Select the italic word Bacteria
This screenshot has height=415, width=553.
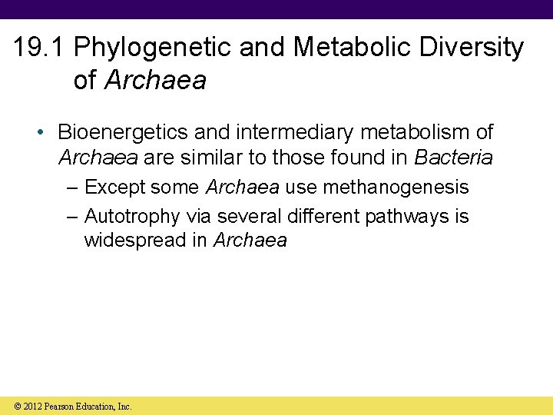coord(453,158)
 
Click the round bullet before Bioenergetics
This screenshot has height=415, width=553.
coord(44,133)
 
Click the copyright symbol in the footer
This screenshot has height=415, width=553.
coord(18,406)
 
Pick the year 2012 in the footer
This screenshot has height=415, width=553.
coord(33,406)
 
